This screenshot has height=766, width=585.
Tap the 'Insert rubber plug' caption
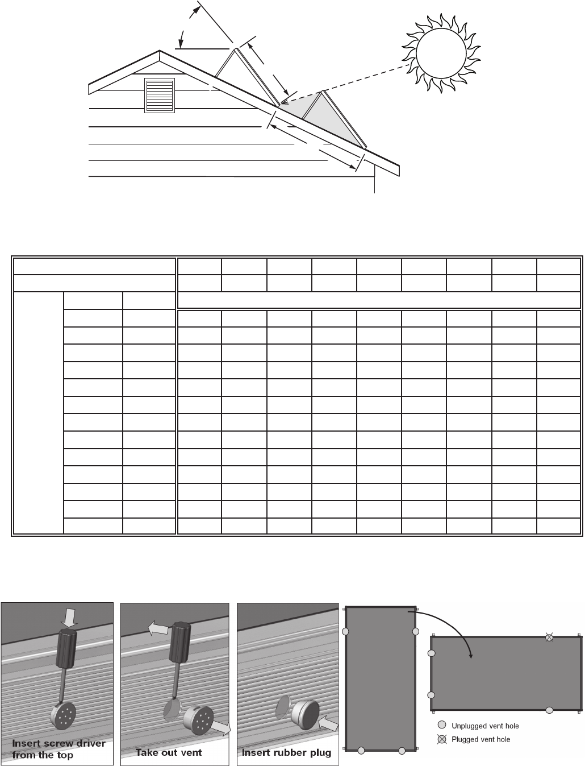[286, 752]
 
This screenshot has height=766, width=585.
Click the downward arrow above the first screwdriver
[68, 616]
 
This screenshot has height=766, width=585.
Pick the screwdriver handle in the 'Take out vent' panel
[181, 643]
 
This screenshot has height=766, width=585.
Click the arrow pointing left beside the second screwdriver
[160, 628]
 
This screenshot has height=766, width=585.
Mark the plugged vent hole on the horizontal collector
[549, 637]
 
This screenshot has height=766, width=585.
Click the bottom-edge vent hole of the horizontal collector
[549, 710]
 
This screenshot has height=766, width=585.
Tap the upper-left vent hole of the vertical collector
[345, 632]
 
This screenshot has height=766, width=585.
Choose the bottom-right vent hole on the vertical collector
[402, 751]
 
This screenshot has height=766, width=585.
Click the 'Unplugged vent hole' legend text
[485, 726]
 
